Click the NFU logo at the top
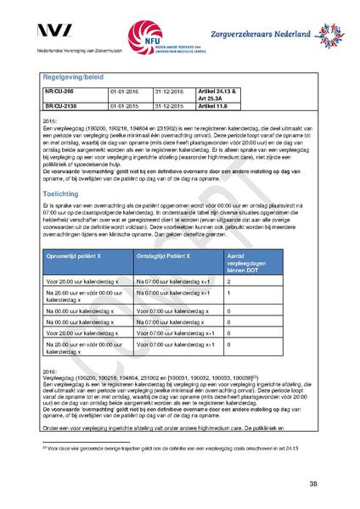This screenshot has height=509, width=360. (x=153, y=36)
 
